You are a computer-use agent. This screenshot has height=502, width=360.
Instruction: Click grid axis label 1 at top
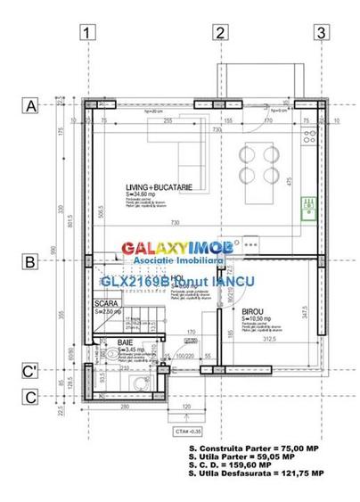(87, 34)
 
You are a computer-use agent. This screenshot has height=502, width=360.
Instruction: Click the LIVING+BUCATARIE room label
(160, 186)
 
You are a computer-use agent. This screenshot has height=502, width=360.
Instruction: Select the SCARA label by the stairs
(106, 304)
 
